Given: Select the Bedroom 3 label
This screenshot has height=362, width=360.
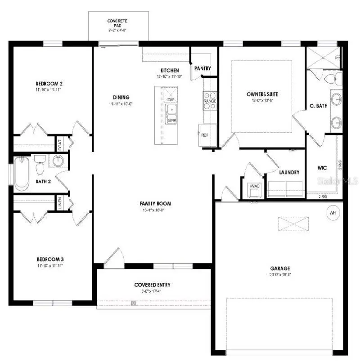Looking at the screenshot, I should click(50, 259).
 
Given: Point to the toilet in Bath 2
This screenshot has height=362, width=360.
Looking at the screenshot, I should click(40, 165).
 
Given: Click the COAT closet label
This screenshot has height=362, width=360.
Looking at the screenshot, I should click(59, 144).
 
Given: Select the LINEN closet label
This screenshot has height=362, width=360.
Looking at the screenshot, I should click(59, 203).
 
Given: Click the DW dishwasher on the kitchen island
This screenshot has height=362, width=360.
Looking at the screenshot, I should click(171, 100).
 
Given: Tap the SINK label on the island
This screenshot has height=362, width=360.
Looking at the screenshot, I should click(171, 120).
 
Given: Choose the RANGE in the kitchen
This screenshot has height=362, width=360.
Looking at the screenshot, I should click(210, 101).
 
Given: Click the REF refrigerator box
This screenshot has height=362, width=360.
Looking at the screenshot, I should click(205, 134).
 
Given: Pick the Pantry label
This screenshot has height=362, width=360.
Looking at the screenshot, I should click(202, 68).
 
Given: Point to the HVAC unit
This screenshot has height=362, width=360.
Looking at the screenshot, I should click(253, 188).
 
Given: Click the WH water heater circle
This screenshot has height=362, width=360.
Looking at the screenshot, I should click(333, 213).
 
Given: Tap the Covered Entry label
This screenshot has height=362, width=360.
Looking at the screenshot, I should click(152, 285).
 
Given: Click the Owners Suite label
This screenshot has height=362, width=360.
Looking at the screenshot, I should click(262, 94).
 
